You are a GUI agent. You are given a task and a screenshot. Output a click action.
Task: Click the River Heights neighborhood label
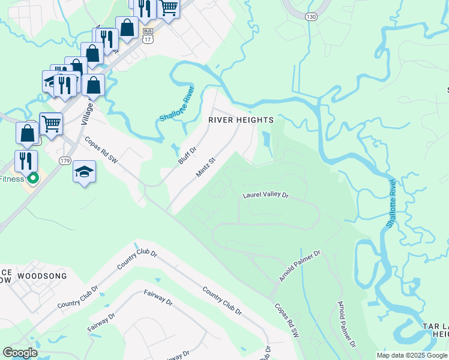tap(241, 120)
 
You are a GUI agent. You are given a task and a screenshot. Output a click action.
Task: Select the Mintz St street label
tap(205, 167)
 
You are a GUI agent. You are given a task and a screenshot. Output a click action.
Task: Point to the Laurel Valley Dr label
tap(265, 195)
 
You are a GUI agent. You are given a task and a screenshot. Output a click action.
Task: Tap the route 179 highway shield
tap(65, 161)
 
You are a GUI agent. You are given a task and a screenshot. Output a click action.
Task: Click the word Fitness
tap(12, 179)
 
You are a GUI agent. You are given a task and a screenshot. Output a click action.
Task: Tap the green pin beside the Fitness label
tap(34, 178)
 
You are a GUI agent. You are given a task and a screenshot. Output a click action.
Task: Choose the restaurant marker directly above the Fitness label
tap(26, 161)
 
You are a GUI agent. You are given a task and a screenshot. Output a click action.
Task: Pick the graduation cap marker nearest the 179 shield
tap(85, 172)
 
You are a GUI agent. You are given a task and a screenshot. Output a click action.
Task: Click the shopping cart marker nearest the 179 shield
tap(51, 124)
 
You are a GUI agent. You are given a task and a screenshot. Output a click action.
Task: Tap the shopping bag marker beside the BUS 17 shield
tap(127, 27)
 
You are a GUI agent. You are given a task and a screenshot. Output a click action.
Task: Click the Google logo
tap(20, 352)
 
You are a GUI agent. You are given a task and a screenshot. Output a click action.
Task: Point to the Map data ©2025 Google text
tap(412, 355)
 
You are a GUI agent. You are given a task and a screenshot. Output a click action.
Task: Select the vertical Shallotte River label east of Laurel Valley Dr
tap(391, 202)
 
